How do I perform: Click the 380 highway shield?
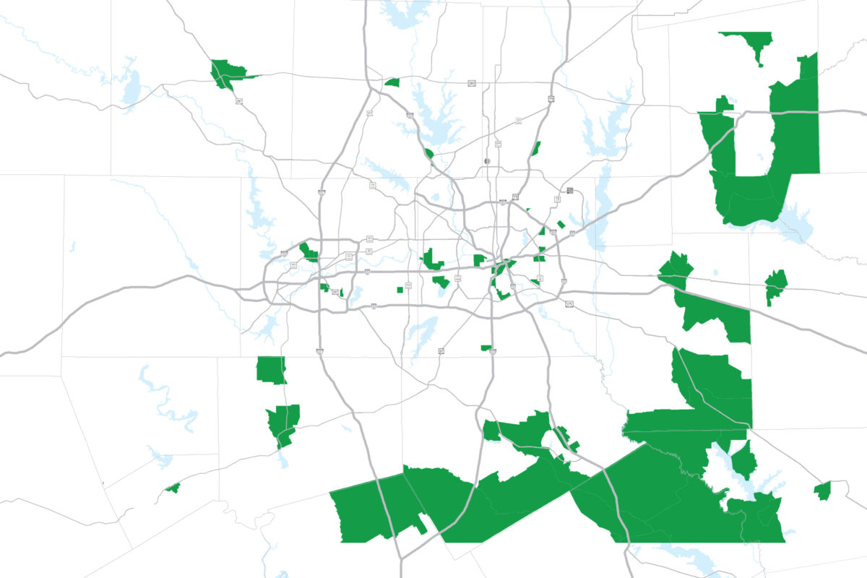pyautogui.click(x=471, y=84)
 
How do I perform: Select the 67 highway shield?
pyautogui.click(x=440, y=350)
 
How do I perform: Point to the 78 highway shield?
pyautogui.click(x=558, y=199)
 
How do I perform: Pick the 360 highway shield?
pyautogui.click(x=408, y=286)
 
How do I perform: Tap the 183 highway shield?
pyautogui.click(x=369, y=238)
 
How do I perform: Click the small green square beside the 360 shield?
pyautogui.click(x=400, y=290)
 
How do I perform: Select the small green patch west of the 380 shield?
pyautogui.click(x=392, y=82)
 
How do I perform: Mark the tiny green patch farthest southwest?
pyautogui.click(x=172, y=488)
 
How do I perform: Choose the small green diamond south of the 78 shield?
pyautogui.click(x=561, y=224)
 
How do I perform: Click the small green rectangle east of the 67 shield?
pyautogui.click(x=486, y=348)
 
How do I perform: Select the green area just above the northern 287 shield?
pyautogui.click(x=228, y=72)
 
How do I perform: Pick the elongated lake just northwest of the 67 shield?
pyautogui.click(x=421, y=332)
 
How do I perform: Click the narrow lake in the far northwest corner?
pyautogui.click(x=130, y=87)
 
